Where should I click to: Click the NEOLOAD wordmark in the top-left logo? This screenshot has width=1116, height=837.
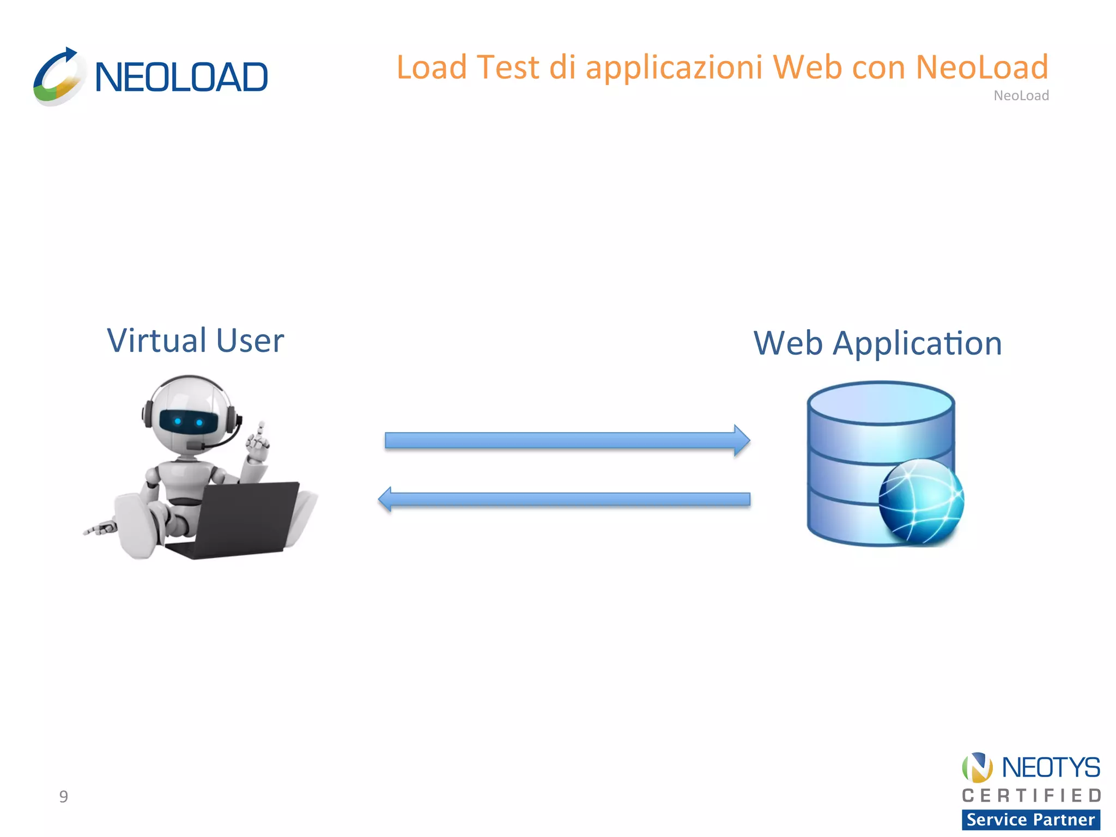click(181, 77)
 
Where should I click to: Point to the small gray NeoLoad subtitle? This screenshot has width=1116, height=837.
click(1021, 96)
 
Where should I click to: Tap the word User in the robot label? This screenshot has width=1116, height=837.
click(250, 341)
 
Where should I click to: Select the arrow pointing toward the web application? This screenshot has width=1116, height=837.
click(567, 440)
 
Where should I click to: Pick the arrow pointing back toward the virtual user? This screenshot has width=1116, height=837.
click(565, 499)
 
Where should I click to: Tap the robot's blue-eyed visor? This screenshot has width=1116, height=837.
click(189, 421)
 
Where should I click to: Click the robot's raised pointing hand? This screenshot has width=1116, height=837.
click(257, 444)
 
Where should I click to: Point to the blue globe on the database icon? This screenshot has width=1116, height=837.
click(921, 501)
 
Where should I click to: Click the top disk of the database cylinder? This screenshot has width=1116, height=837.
click(881, 403)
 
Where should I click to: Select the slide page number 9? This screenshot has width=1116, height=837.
click(64, 797)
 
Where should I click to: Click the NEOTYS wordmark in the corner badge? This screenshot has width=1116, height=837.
click(1051, 768)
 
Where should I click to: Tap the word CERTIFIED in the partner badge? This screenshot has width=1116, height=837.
click(1031, 796)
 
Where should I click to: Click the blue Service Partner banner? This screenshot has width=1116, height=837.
click(1031, 820)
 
